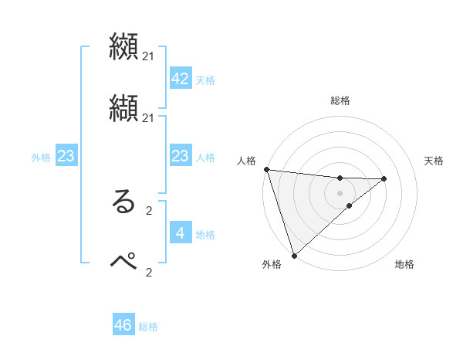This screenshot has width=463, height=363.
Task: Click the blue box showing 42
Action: tap(180, 79)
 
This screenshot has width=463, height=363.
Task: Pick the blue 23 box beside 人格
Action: tap(180, 156)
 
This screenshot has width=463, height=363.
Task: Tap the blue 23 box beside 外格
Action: tap(66, 156)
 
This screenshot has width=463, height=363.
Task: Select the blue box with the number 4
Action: tap(180, 232)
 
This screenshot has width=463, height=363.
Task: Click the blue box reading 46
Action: tap(123, 325)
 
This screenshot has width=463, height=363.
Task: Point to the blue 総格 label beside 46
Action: tap(148, 327)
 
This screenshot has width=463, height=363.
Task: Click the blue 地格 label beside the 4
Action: tap(205, 235)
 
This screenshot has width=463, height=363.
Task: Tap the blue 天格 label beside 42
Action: tap(205, 80)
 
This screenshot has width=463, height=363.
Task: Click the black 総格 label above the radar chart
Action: tap(340, 100)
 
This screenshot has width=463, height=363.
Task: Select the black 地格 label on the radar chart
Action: tap(404, 264)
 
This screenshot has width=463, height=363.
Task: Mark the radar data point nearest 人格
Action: tap(266, 169)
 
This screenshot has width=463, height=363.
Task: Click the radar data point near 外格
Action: tap(294, 255)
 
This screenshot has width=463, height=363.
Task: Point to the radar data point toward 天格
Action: tap(384, 178)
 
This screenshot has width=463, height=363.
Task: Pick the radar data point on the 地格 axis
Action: tap(350, 205)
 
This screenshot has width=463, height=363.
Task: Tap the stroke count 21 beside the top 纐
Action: tap(148, 56)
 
